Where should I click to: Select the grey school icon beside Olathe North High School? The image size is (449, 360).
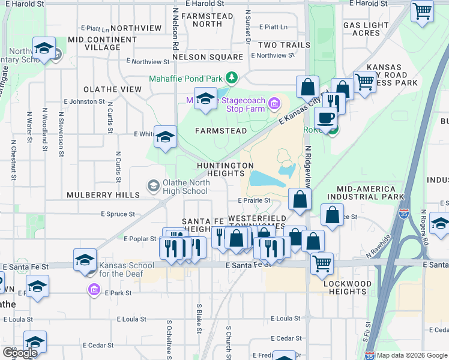154,187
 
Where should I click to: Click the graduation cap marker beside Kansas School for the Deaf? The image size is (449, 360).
85,260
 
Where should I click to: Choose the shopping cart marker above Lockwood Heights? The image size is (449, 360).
322,262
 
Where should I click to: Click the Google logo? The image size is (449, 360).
20,353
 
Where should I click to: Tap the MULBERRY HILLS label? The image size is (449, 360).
103,195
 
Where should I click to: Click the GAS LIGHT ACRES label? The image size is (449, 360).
366,29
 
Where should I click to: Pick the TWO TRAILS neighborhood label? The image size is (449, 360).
284,45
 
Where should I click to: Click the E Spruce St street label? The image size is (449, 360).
118,214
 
